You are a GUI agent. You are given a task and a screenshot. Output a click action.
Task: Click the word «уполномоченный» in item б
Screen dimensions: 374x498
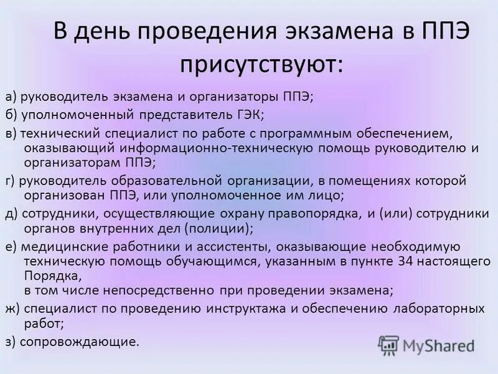coord(65,114)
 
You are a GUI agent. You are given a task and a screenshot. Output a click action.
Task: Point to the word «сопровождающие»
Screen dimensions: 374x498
coord(80,341)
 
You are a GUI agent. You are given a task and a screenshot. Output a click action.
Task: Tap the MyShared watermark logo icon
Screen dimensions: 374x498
coord(388,344)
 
